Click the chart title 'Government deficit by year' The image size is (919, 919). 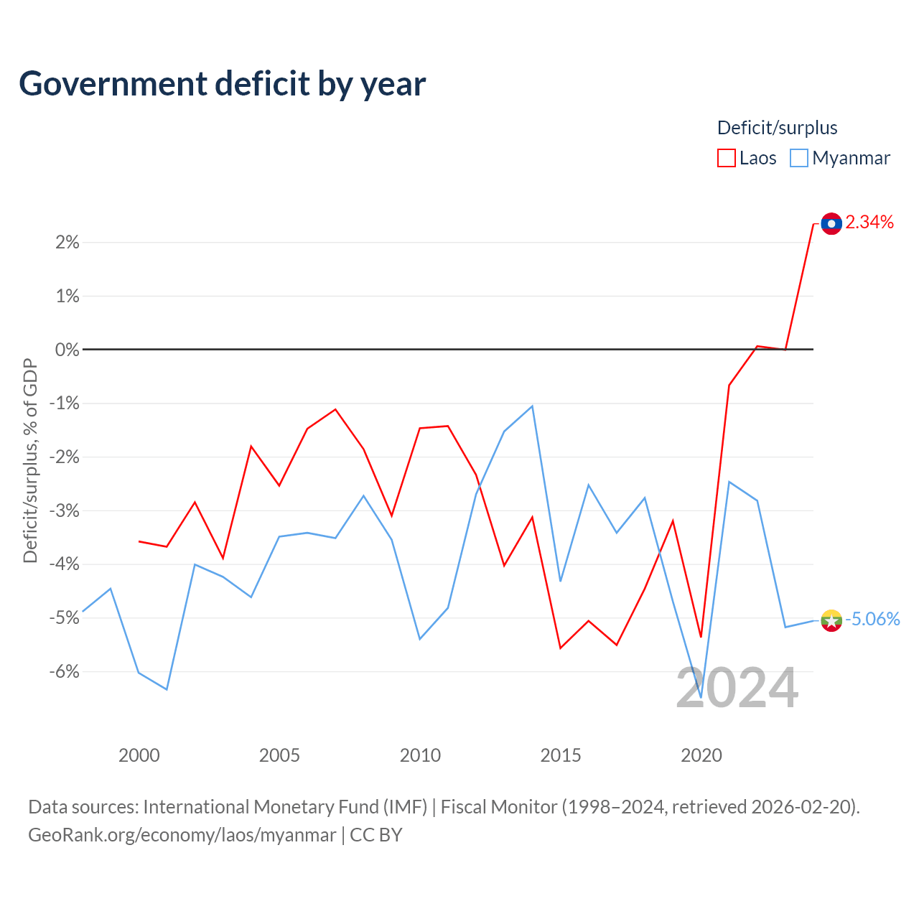222,84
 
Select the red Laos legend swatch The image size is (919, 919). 726,158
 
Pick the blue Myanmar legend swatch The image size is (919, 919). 798,158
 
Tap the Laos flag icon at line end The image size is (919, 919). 831,224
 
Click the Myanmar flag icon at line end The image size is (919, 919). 831,620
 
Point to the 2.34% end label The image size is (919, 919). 869,223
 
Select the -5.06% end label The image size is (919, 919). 872,619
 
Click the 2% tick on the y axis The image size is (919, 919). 67,242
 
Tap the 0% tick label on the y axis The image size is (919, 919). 67,350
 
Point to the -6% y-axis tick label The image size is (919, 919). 65,671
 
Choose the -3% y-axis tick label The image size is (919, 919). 65,510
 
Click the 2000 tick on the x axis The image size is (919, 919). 139,755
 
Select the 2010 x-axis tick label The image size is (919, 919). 420,755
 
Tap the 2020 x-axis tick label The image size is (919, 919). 701,755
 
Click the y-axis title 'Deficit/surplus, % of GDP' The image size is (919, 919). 30,461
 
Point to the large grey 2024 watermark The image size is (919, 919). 737,688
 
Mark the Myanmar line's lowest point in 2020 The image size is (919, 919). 701,697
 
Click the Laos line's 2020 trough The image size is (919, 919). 701,637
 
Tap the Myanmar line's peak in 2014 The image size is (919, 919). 532,406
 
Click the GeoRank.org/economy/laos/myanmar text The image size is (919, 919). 182,835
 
